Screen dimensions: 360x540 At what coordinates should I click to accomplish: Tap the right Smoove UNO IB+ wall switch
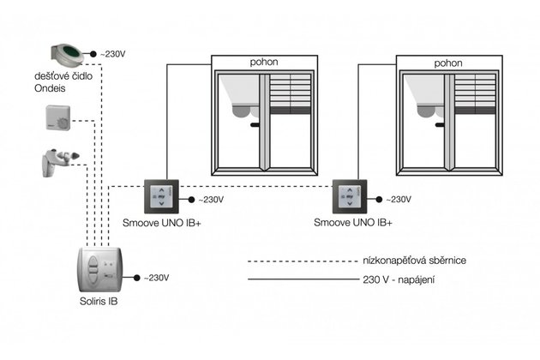click(351, 197)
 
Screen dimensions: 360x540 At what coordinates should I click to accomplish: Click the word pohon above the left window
click(262, 63)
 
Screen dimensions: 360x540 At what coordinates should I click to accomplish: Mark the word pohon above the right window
click(448, 63)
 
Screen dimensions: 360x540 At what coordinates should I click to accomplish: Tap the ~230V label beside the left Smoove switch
click(209, 200)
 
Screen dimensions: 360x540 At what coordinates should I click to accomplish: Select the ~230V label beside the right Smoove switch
click(395, 200)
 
